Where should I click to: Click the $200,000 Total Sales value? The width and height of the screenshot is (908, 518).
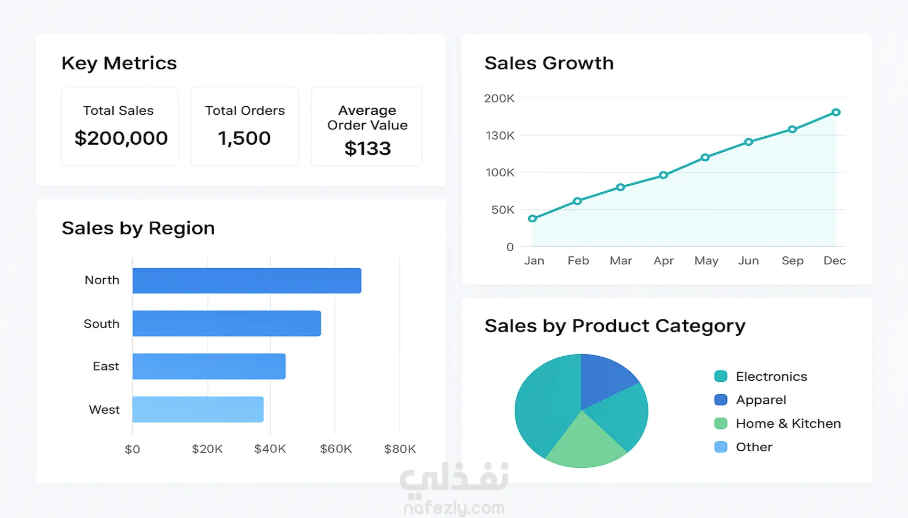121,138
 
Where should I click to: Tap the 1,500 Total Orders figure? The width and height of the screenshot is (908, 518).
244,138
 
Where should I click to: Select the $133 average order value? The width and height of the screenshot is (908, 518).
367,148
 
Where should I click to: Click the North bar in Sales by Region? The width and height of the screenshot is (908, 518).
247,280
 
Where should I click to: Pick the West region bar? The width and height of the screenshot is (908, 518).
198,409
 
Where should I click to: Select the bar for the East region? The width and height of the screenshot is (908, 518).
209,366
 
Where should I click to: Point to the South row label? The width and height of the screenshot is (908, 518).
101,324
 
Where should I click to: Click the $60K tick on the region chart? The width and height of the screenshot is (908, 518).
336,449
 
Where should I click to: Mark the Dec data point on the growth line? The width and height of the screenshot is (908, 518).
836,112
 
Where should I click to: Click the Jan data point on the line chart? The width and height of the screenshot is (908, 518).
533,218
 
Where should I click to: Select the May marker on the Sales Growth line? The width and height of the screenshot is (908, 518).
705,158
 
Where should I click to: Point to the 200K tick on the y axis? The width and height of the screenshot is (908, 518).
499,98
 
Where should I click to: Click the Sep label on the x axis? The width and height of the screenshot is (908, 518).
792,261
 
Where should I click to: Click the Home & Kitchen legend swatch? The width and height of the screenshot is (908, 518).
721,423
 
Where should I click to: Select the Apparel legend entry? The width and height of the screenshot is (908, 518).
761,400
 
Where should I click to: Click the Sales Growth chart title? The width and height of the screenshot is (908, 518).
549,63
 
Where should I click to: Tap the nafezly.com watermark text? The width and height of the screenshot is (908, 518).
454,508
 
